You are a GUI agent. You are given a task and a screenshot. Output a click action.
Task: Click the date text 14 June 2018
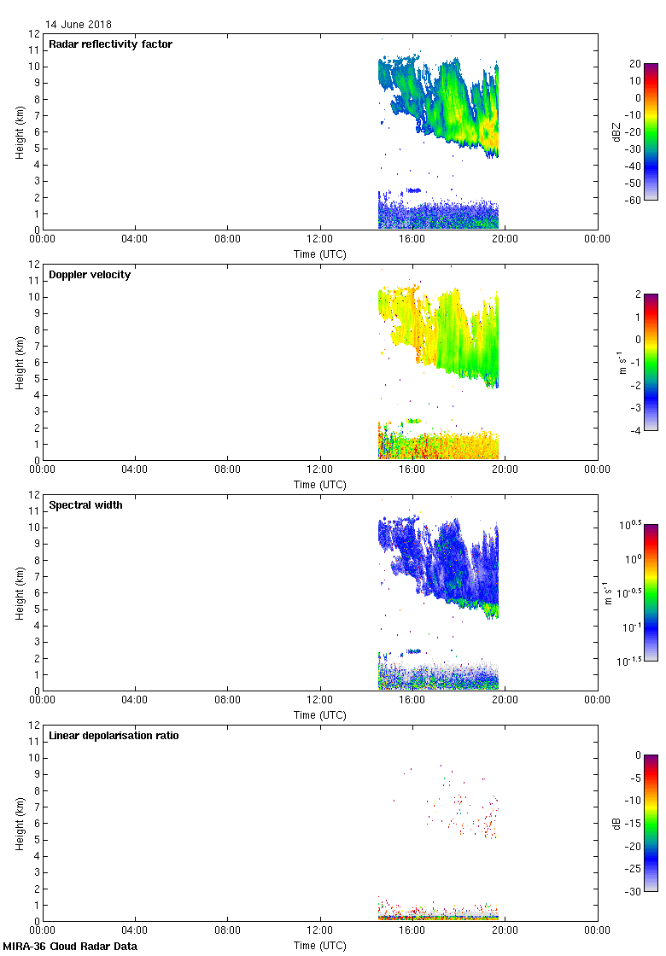click(x=79, y=25)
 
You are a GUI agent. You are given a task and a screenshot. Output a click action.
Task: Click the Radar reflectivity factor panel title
click(x=110, y=44)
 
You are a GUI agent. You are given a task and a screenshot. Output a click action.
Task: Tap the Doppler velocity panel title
click(x=90, y=275)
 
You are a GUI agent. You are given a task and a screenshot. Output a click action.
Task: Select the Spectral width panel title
click(x=86, y=505)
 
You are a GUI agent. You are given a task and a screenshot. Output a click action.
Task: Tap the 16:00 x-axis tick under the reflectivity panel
click(x=412, y=239)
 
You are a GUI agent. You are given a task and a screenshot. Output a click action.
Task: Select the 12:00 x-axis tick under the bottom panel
click(x=320, y=930)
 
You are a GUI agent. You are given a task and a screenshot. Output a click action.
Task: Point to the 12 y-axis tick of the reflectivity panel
click(x=34, y=34)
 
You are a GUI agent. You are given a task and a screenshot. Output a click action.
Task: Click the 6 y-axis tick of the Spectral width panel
click(x=37, y=593)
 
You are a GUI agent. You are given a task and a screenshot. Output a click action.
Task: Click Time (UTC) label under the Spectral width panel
click(x=320, y=715)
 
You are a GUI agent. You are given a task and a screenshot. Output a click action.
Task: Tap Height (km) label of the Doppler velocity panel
click(x=19, y=362)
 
